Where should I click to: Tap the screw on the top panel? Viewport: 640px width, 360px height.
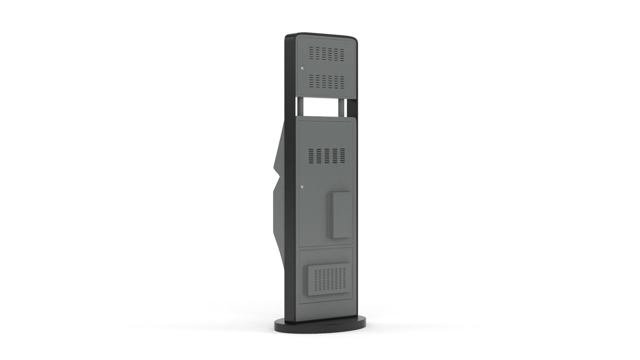[302, 68]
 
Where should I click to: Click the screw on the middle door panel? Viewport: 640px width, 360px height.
[302, 187]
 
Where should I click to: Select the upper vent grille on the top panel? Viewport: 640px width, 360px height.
[326, 53]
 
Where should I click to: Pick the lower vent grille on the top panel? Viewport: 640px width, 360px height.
[326, 81]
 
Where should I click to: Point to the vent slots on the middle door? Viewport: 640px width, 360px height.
[326, 156]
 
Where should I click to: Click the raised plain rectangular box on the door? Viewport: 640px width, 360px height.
[340, 214]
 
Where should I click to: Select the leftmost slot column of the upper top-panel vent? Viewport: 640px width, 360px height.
[312, 53]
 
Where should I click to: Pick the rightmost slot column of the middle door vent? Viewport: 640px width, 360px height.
[343, 156]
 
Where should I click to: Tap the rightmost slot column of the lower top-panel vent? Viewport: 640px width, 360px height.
[342, 81]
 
